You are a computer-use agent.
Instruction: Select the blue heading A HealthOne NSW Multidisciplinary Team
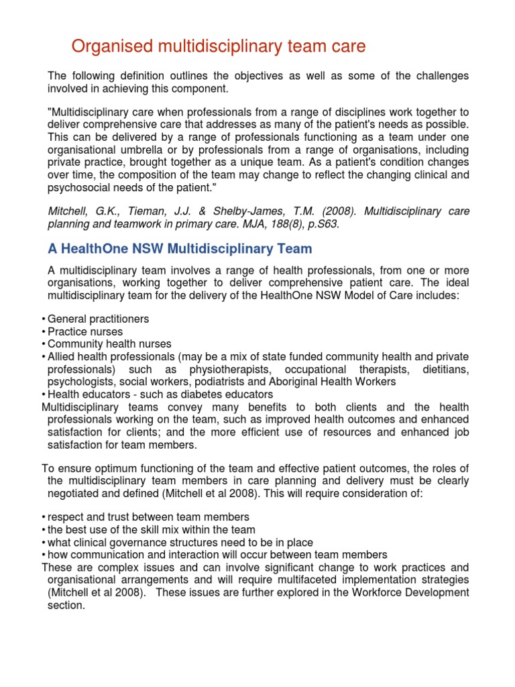coord(180,249)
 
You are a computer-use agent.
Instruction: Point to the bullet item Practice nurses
coord(85,331)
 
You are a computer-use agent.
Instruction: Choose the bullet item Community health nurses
coord(110,344)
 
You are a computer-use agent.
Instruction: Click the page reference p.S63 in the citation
coord(322,225)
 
